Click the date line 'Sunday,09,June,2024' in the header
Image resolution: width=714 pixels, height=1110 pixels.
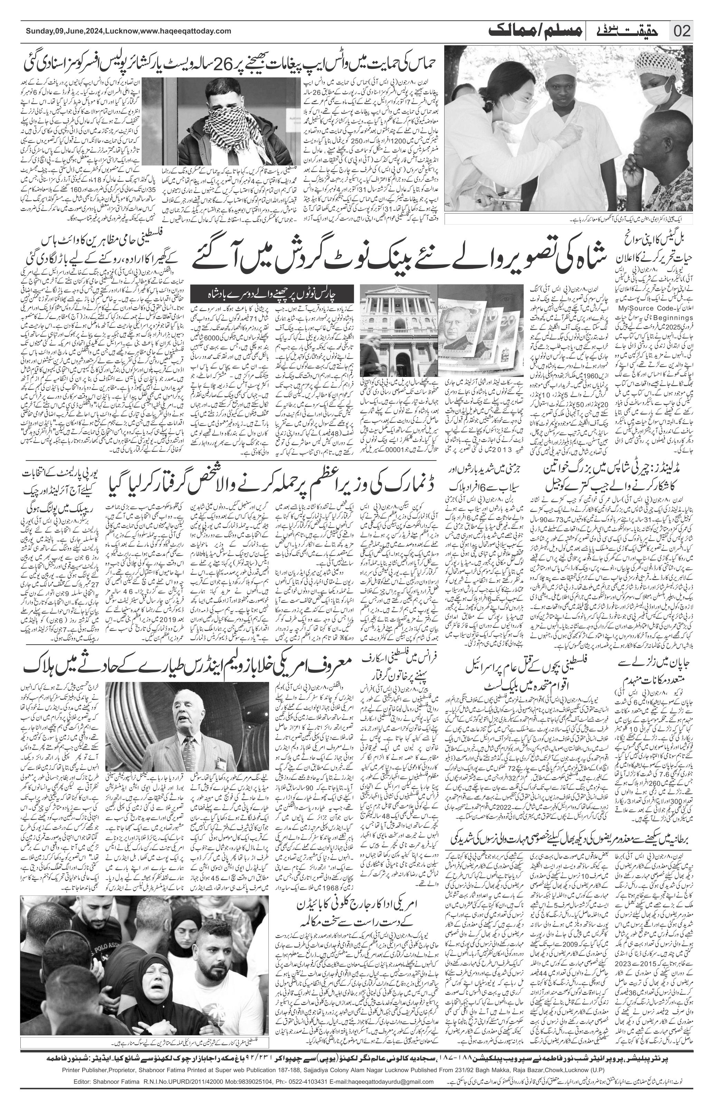tap(65, 31)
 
